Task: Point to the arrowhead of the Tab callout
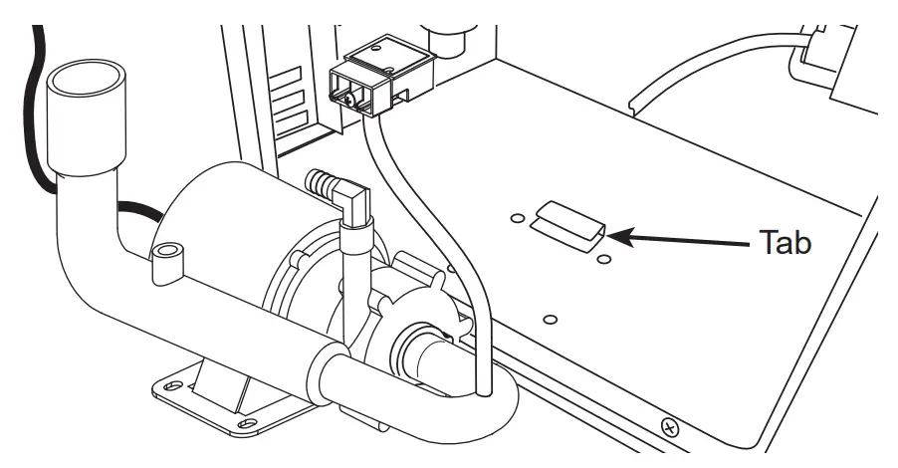click(611, 237)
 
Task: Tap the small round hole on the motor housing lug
click(165, 246)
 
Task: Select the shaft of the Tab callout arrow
click(687, 239)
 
